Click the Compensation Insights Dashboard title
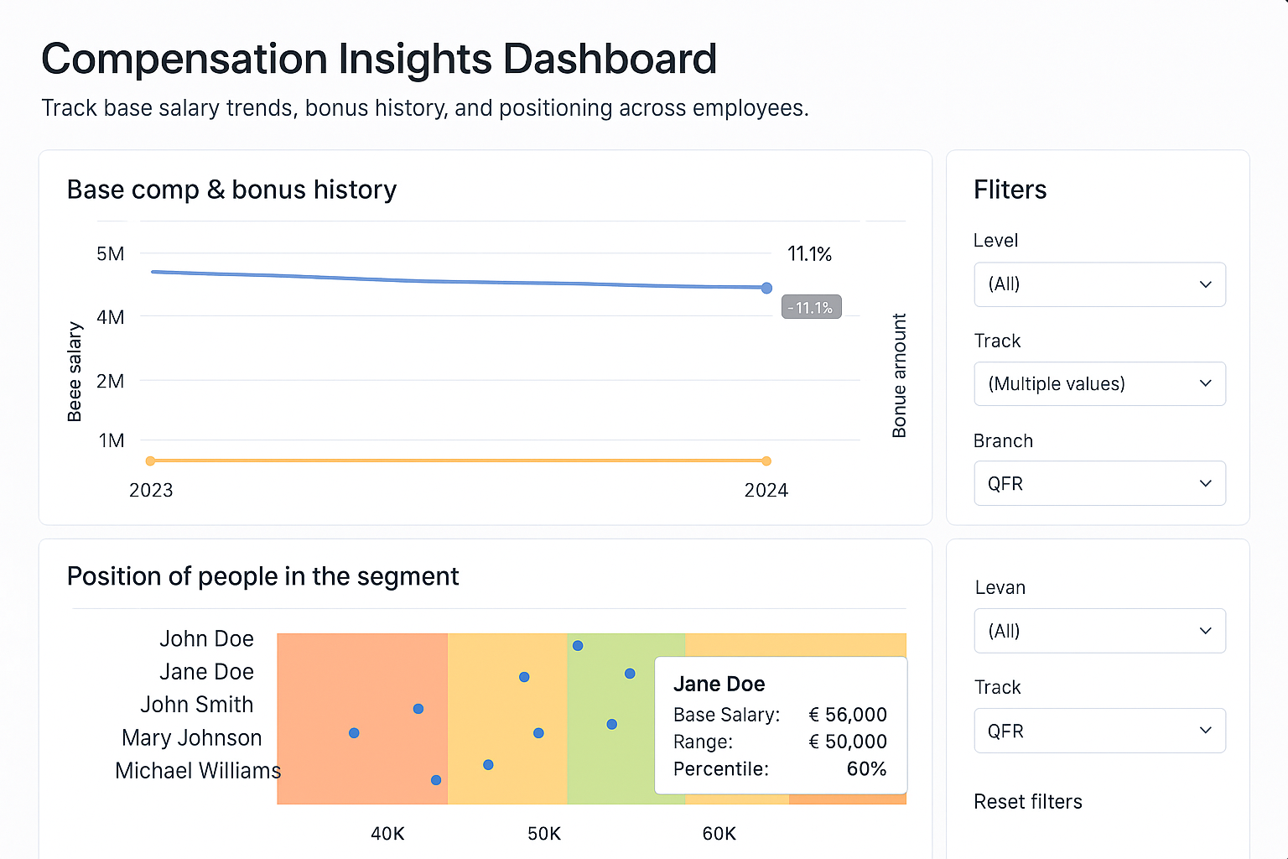pos(379,60)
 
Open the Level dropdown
pos(1099,284)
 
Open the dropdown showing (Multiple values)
pos(1099,384)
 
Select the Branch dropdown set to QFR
pos(1099,484)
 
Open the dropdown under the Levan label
pos(1099,631)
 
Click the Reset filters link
pos(1027,802)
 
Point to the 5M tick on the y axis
pos(111,254)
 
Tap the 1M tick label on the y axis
pos(112,440)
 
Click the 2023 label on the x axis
pos(151,491)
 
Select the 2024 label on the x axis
pos(766,491)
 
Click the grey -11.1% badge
pos(811,308)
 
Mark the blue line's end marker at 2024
pos(766,288)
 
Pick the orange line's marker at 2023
pos(151,461)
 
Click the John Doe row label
pos(206,639)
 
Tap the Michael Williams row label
pos(198,771)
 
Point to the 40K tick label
pos(387,834)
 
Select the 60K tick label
pos(719,834)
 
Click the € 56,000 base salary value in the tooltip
pos(847,715)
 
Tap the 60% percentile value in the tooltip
pos(866,769)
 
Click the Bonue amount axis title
pos(899,376)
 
